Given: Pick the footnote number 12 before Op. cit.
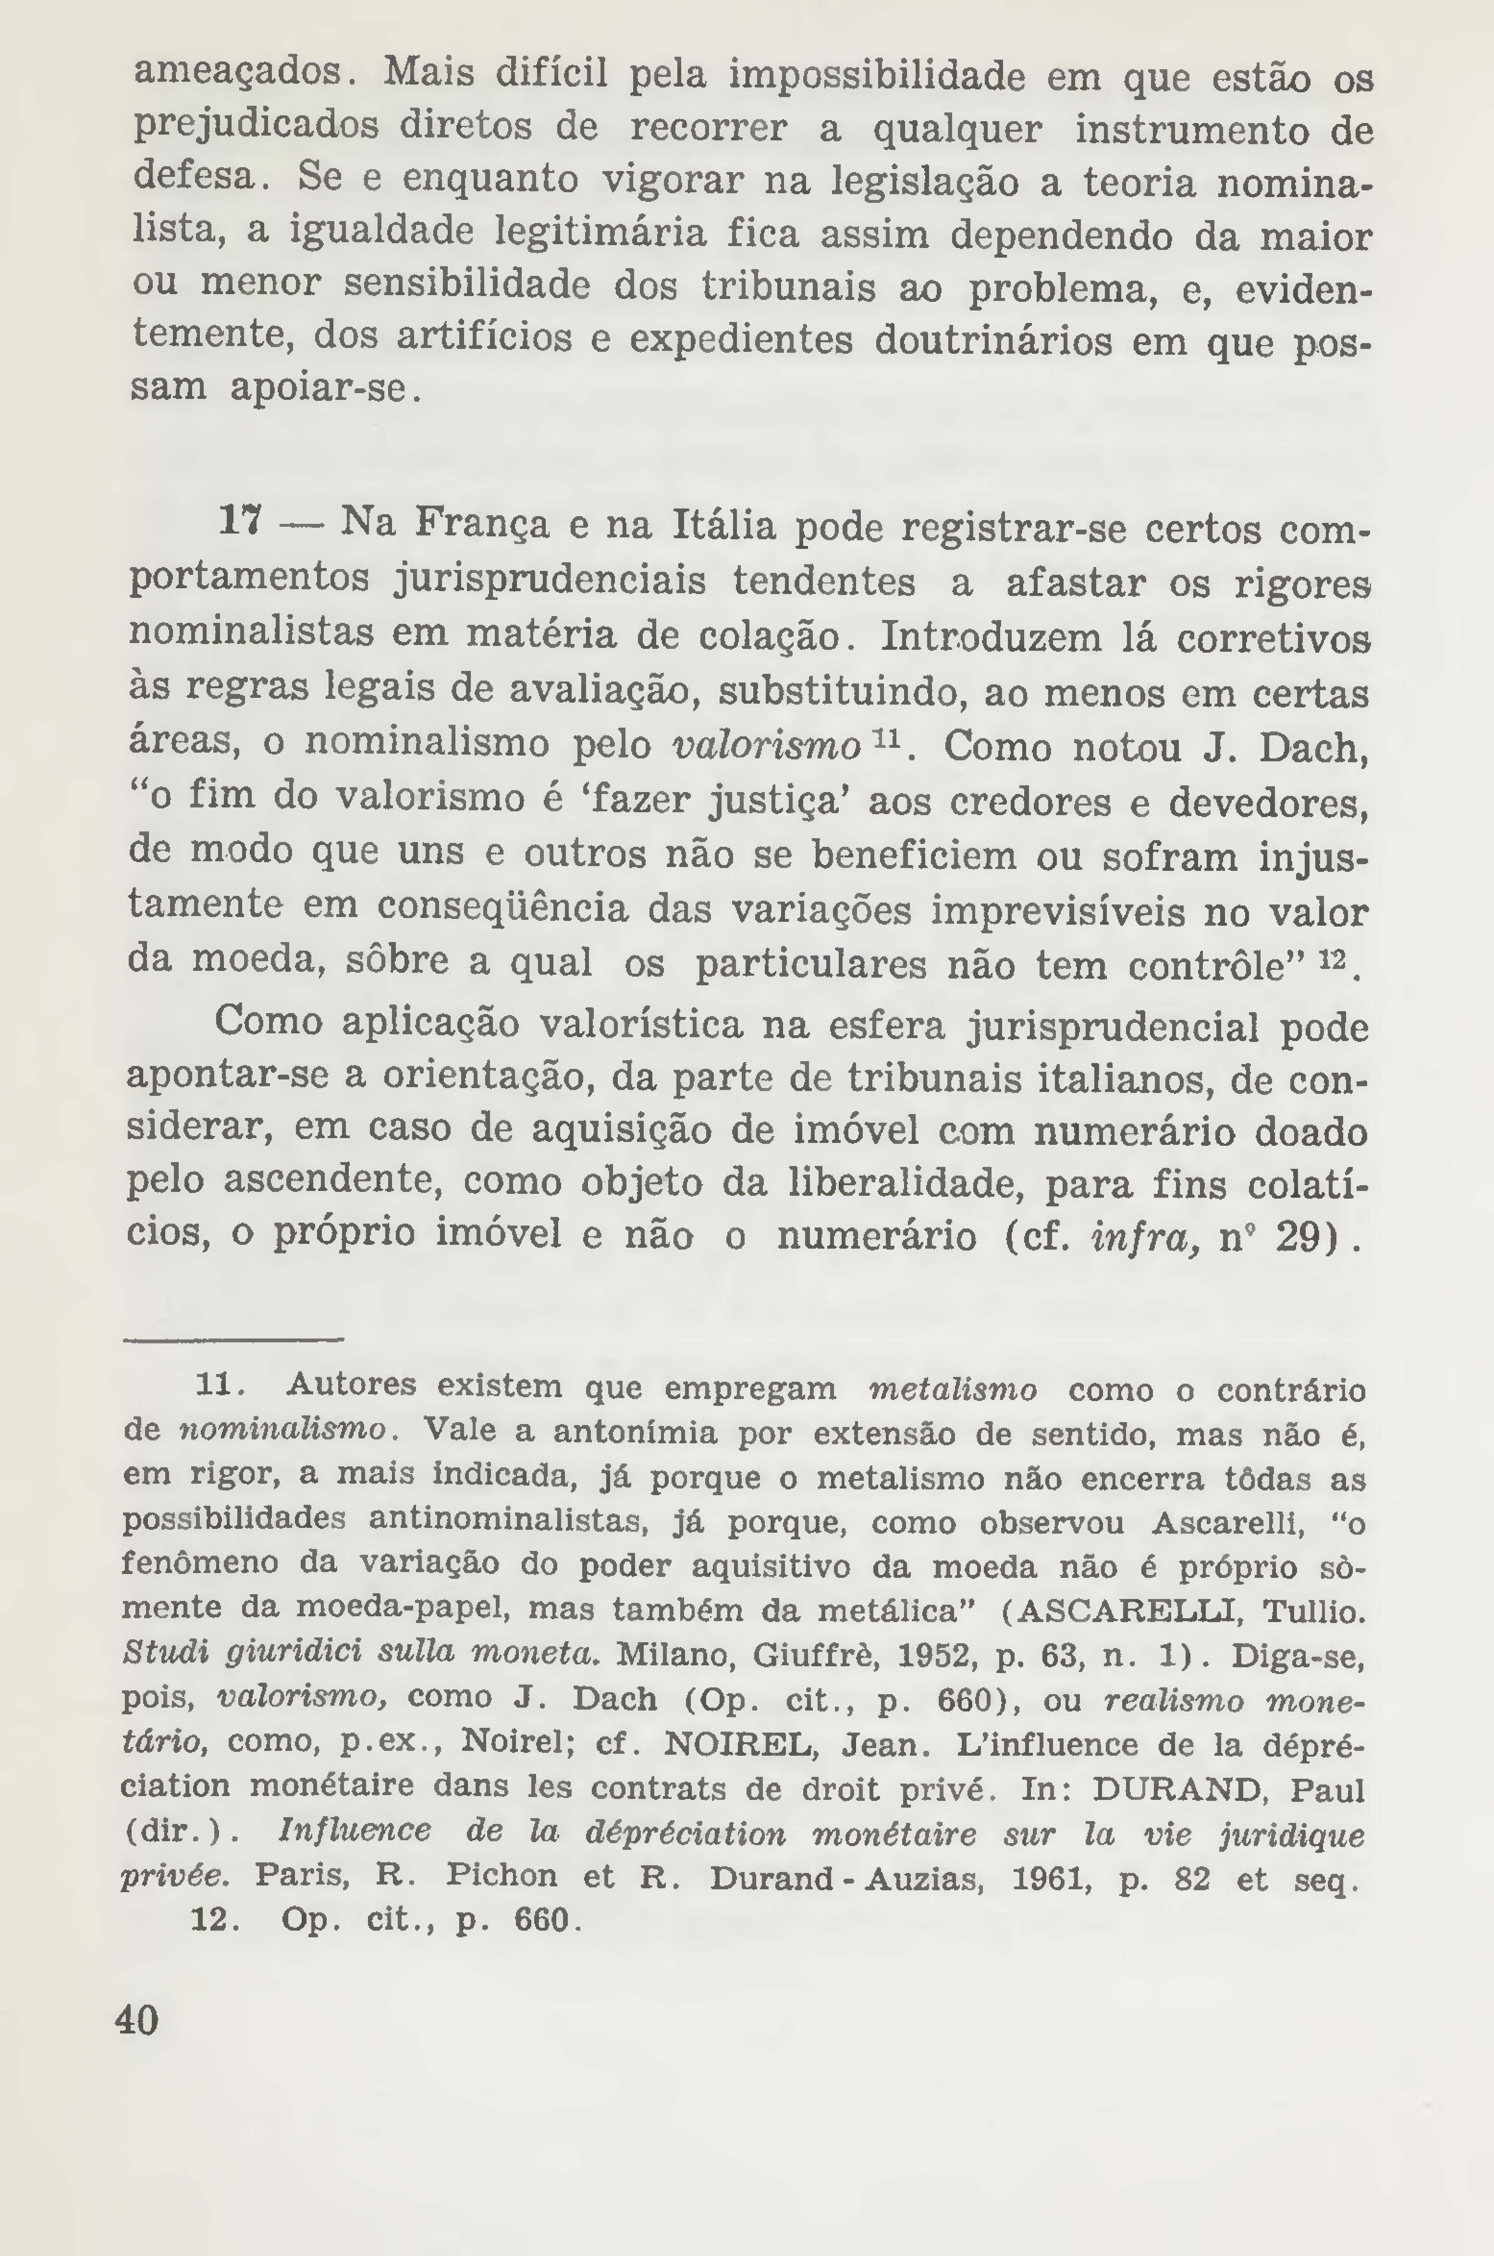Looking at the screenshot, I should click(213, 1919).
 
